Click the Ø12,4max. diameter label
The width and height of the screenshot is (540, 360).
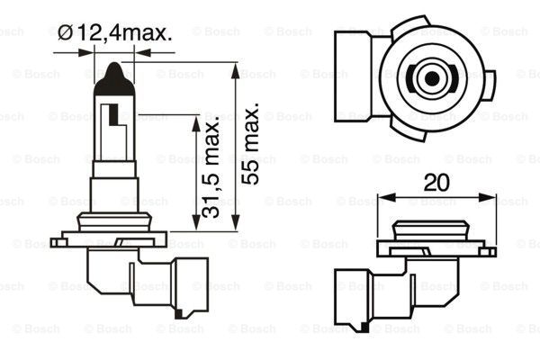click(114, 34)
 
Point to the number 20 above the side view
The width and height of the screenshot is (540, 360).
click(436, 183)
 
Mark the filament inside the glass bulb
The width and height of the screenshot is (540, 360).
click(113, 116)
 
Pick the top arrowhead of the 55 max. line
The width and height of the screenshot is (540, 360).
click(236, 67)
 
